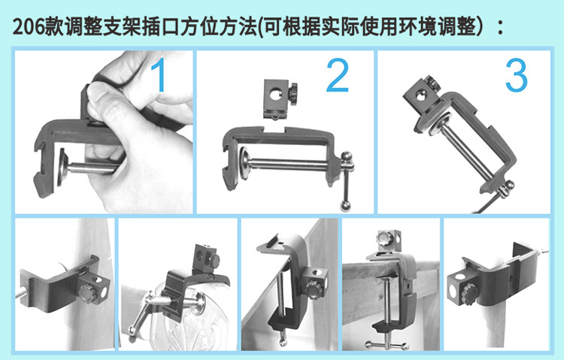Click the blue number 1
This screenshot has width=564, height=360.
[159, 75]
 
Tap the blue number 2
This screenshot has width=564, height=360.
[338, 75]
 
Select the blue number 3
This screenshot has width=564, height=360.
[516, 75]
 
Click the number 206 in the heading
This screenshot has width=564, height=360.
[29, 27]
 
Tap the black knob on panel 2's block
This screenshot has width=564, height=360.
[293, 94]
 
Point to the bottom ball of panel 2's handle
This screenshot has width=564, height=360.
[345, 206]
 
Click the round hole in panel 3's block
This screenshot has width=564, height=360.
[420, 96]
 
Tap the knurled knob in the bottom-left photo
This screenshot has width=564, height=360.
[87, 293]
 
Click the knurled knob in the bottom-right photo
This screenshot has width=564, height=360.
[469, 294]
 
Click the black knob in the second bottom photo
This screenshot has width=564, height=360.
[214, 261]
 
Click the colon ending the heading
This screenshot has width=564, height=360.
[500, 28]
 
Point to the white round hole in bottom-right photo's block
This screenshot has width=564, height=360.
[461, 277]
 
